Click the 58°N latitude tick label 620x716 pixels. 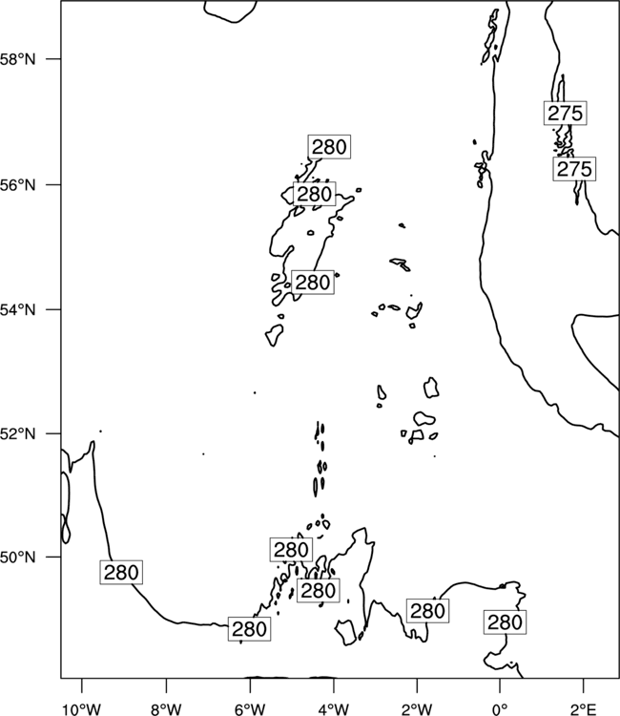17,59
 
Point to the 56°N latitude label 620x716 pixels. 17,185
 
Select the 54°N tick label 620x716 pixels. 17,310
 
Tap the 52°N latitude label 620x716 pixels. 17,433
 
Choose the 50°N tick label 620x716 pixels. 17,558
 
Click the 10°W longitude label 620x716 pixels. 82,709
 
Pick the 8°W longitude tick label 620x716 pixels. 166,709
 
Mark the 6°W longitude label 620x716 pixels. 250,709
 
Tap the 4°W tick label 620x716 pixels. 334,709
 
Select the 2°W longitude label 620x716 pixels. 417,709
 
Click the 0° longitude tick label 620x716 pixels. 500,709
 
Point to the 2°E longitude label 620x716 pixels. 584,709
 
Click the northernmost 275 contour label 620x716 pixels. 566,114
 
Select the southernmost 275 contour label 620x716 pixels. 574,169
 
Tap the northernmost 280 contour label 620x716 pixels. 329,147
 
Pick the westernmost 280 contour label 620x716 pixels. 121,572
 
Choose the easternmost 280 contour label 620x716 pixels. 505,621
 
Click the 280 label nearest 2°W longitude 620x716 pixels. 427,611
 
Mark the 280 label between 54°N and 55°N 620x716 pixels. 313,283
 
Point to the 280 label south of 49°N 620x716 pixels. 249,629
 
